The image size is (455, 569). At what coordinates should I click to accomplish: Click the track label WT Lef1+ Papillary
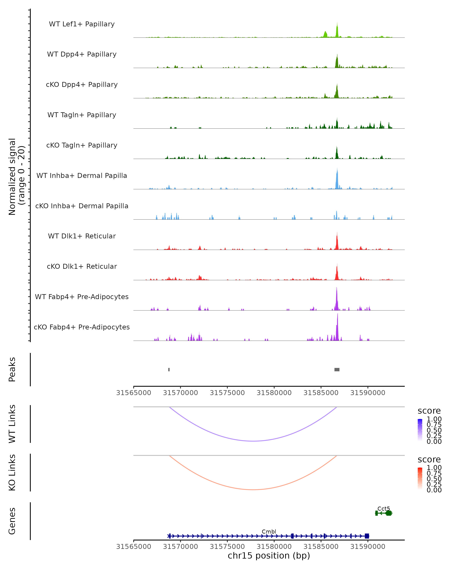coord(82,24)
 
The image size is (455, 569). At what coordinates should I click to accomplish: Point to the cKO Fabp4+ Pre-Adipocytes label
coord(82,327)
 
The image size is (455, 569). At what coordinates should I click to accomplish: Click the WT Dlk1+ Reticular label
coord(82,236)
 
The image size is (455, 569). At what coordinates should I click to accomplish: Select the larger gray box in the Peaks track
coord(337,369)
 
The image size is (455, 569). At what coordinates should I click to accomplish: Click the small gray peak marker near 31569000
coord(169,369)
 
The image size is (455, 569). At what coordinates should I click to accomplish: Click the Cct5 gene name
coord(384,508)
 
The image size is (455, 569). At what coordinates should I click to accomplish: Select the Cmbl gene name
coord(269,531)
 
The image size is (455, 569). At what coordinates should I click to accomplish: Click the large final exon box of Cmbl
coord(367,536)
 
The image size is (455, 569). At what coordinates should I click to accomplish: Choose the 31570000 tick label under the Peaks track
coord(180,393)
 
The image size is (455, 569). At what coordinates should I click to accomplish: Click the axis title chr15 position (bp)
coord(269,556)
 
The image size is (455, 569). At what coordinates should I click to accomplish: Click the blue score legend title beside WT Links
coord(429,411)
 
